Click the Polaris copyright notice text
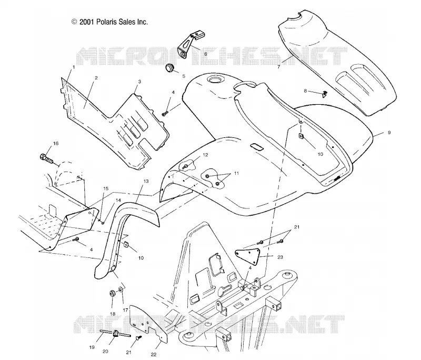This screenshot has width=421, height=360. click(x=109, y=22)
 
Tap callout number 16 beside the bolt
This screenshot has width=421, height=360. click(x=56, y=143)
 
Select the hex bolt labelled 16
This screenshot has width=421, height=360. click(x=46, y=158)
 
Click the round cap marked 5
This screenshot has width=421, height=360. click(x=169, y=68)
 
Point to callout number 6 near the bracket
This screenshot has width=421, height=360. click(x=206, y=54)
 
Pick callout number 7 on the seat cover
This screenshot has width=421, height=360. click(x=279, y=66)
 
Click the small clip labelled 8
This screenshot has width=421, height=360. click(x=325, y=94)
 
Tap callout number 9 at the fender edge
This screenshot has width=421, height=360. click(x=389, y=132)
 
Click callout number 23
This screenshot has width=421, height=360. click(x=280, y=257)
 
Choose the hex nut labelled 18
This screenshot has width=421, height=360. click(x=112, y=293)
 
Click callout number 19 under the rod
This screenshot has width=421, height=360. click(x=92, y=347)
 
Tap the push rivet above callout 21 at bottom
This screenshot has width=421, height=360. click(x=138, y=338)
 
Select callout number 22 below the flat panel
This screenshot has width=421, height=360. click(x=153, y=355)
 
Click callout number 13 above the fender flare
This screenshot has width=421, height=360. click(x=146, y=182)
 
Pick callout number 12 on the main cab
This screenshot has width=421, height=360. click(x=205, y=155)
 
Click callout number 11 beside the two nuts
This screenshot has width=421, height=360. click(x=236, y=174)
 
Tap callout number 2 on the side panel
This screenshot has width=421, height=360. click(x=96, y=78)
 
